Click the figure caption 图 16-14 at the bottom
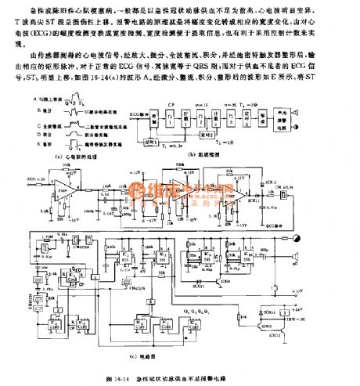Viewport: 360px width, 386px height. tap(180, 378)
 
